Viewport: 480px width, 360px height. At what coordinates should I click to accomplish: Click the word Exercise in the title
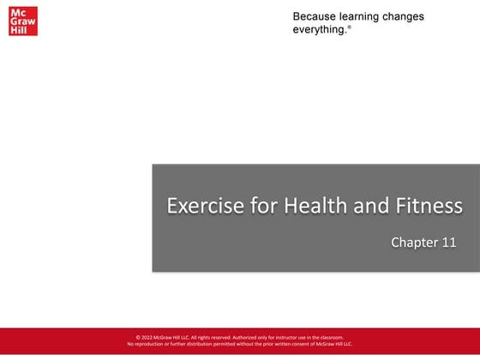pos(200,206)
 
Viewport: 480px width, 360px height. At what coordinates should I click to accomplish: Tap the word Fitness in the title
pos(429,206)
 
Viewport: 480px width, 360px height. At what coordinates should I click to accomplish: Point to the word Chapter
pos(415,243)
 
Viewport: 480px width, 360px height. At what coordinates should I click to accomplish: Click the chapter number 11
pos(448,243)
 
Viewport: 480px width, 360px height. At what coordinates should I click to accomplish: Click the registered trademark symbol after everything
pos(349,27)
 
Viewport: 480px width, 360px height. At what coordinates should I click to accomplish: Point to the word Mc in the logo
pos(17,14)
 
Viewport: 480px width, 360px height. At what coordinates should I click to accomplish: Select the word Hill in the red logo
pos(18,31)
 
